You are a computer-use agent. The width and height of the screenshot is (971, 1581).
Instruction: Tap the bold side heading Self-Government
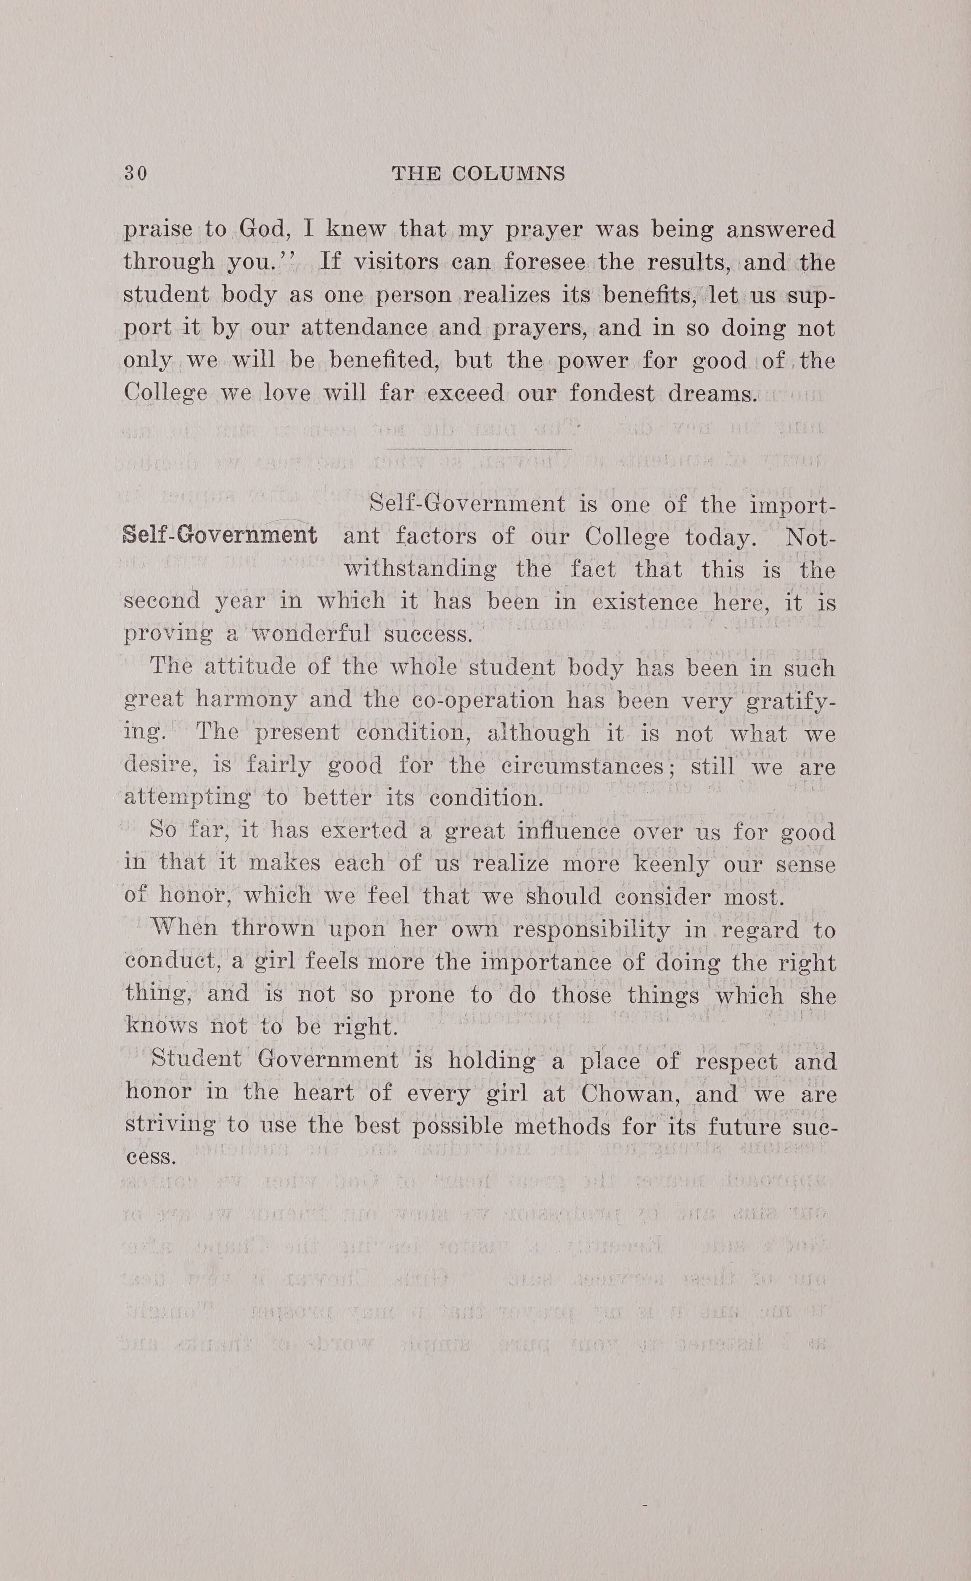pos(219,535)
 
